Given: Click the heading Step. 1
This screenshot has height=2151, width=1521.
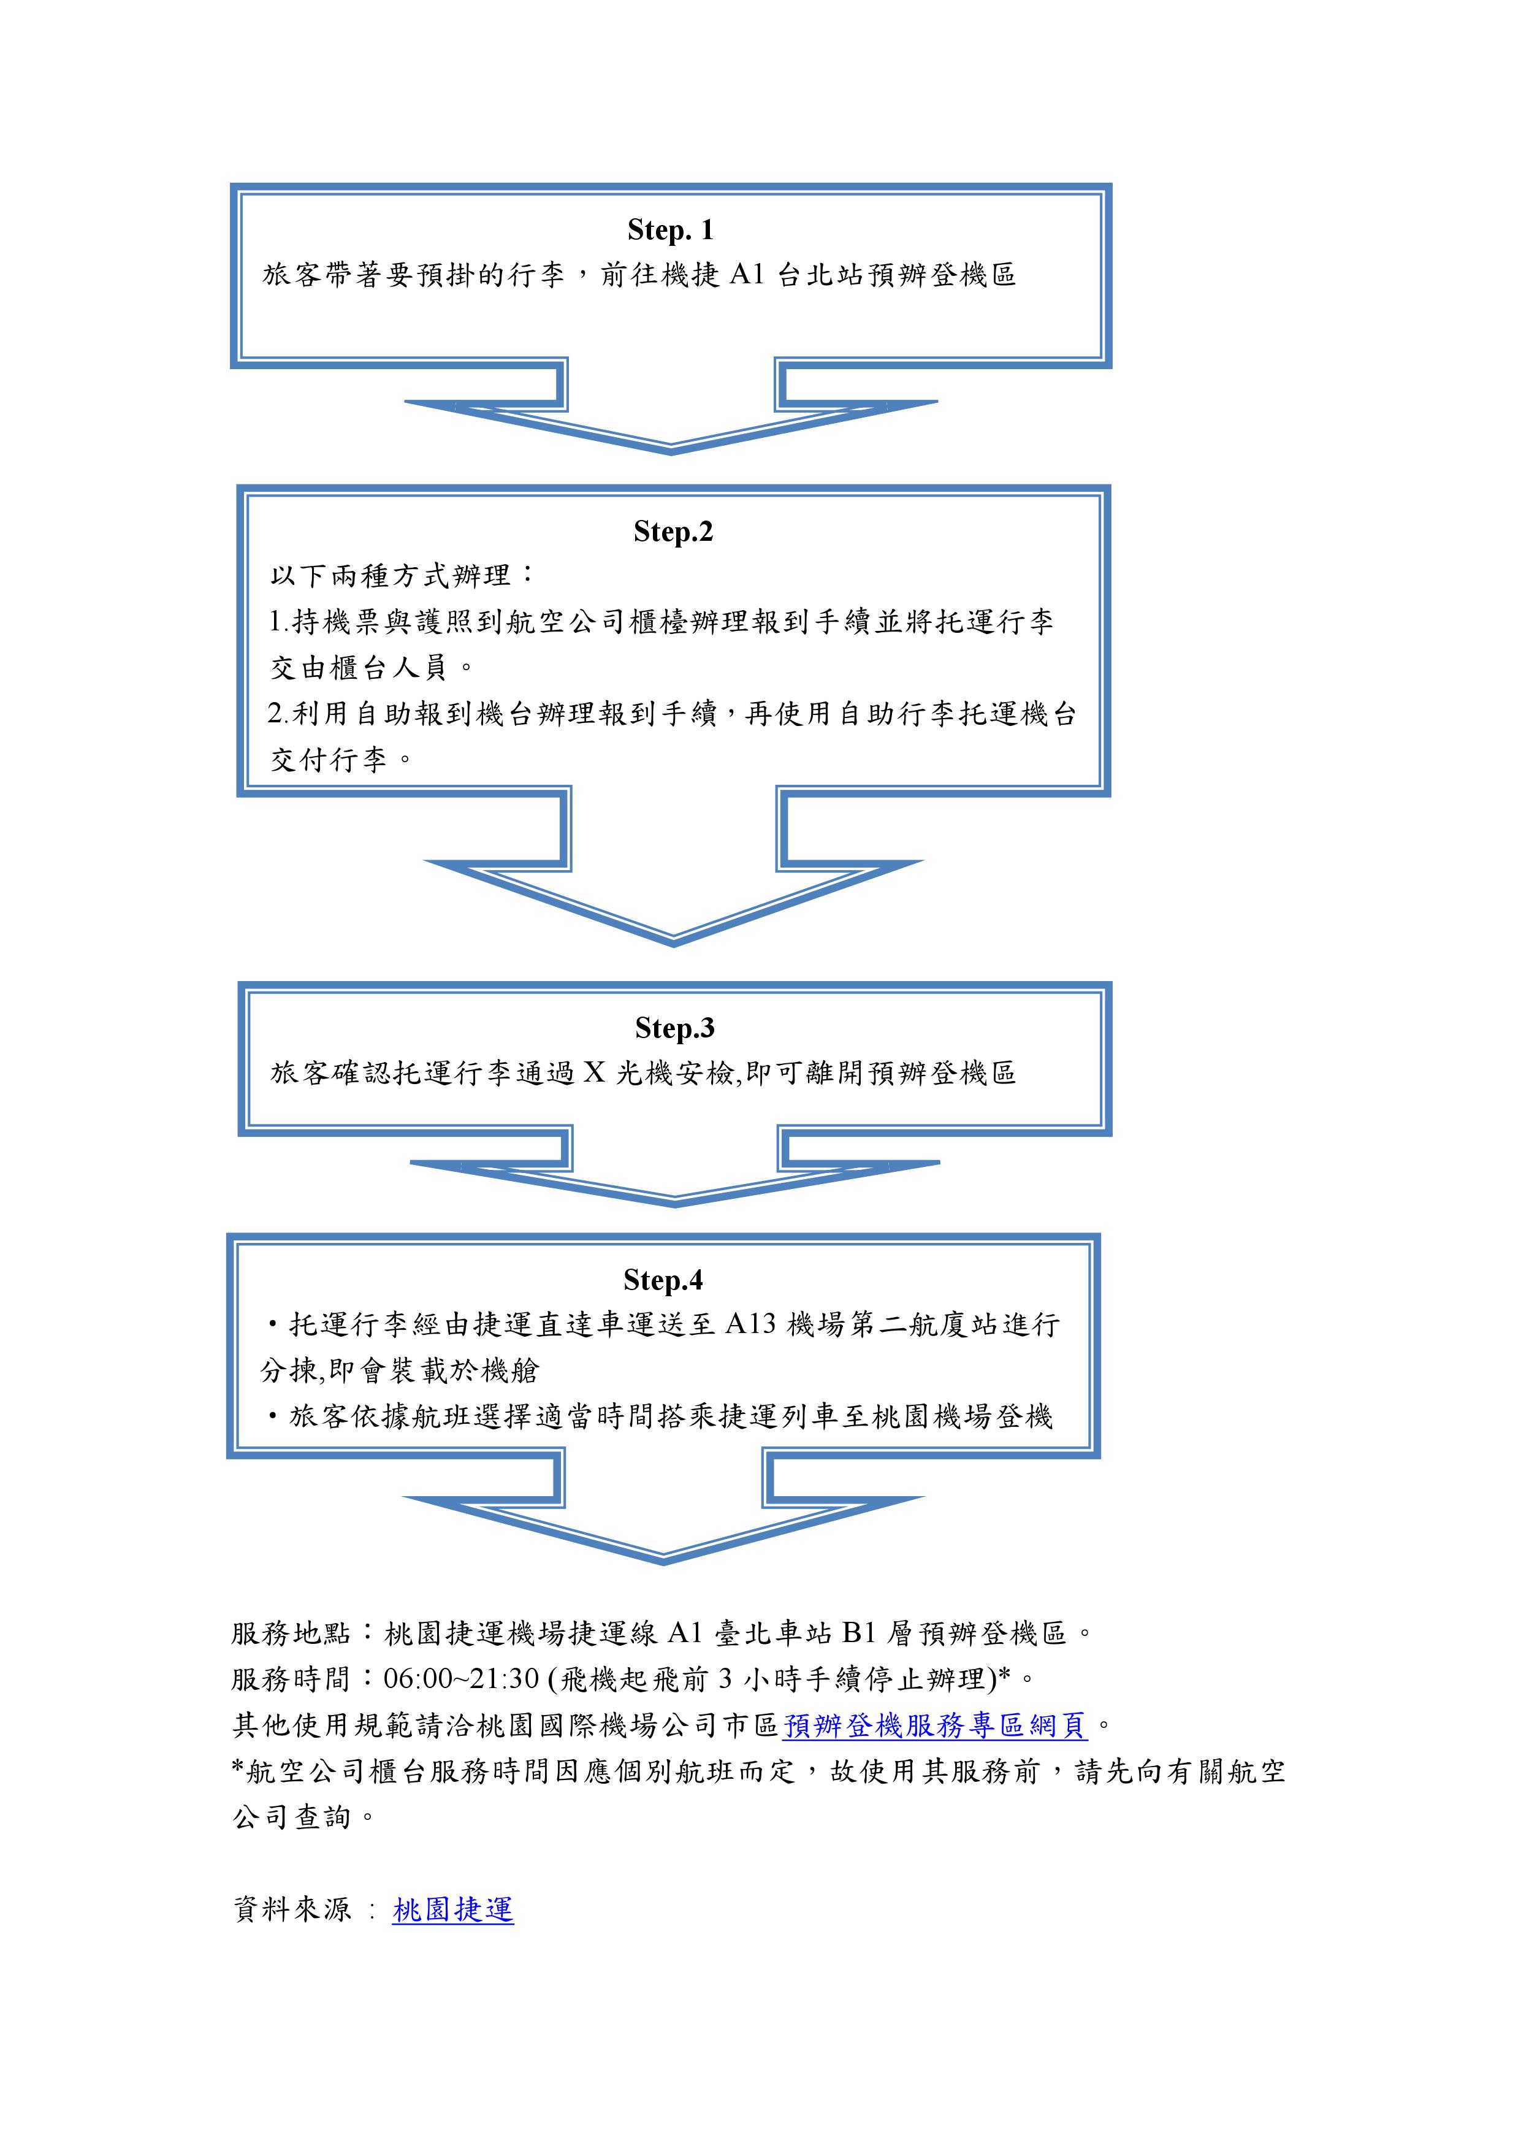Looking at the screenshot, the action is [x=671, y=229].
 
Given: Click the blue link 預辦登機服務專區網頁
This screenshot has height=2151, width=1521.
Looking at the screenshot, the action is [x=935, y=1725].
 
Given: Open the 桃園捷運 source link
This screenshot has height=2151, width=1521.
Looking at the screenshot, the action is [x=453, y=1909].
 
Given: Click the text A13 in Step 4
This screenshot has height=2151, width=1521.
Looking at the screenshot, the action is [x=750, y=1324].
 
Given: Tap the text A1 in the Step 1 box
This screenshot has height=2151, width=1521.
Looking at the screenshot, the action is [x=747, y=275].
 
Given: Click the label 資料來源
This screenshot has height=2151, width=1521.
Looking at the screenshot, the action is [x=291, y=1909].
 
